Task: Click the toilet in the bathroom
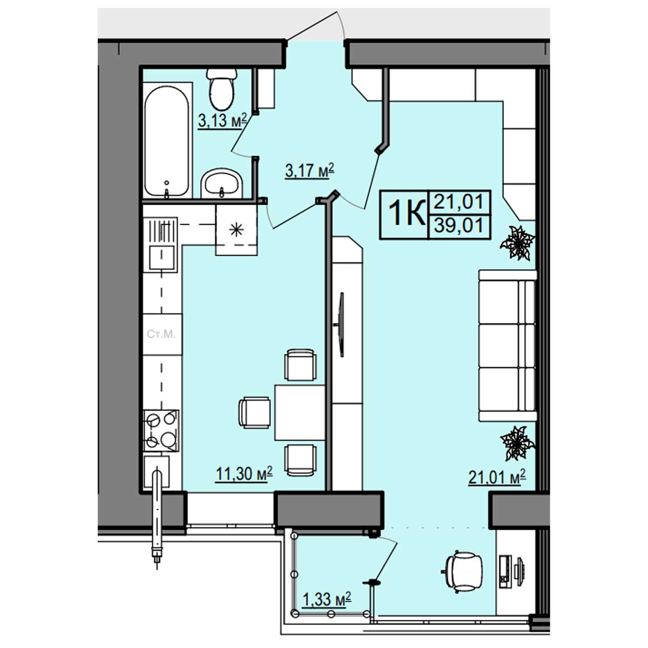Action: (x=221, y=90)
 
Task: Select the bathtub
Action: (x=166, y=141)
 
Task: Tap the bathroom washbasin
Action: (x=221, y=183)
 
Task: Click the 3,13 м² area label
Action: (x=222, y=120)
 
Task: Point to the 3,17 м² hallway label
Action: (x=310, y=170)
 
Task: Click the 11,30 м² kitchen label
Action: (x=244, y=474)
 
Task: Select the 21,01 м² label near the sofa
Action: (x=497, y=477)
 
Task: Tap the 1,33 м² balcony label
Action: (x=327, y=599)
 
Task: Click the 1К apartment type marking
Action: (x=407, y=213)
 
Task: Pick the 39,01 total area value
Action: (x=458, y=225)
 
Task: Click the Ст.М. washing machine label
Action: (x=161, y=334)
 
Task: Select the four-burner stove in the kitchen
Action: (x=161, y=430)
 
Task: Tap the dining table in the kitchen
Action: (x=300, y=412)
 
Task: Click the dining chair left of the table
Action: (x=254, y=413)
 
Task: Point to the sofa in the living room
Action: (x=508, y=346)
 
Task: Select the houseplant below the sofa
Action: (x=517, y=443)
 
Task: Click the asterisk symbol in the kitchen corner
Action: (x=236, y=230)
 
